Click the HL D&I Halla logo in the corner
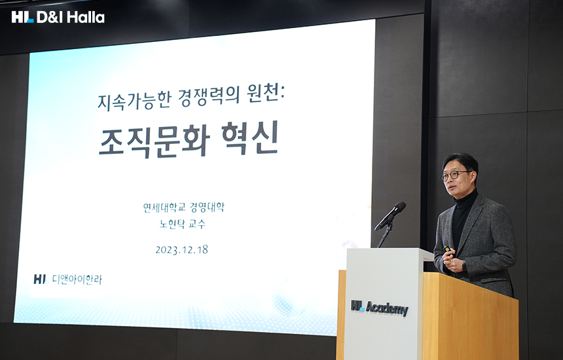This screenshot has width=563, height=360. click(x=58, y=17)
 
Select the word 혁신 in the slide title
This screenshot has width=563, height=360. click(x=250, y=137)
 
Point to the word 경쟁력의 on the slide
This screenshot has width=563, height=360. click(x=209, y=98)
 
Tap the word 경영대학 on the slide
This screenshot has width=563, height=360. click(x=207, y=207)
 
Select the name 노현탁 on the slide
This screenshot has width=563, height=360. click(x=172, y=224)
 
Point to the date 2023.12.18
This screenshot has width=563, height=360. click(x=182, y=250)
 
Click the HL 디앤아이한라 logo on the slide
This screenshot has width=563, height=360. click(x=68, y=279)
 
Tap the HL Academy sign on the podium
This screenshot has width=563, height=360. click(x=380, y=308)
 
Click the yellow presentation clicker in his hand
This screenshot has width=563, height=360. click(x=447, y=248)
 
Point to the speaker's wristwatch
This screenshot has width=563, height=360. click(x=464, y=266)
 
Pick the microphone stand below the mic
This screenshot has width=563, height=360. click(x=384, y=234)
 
